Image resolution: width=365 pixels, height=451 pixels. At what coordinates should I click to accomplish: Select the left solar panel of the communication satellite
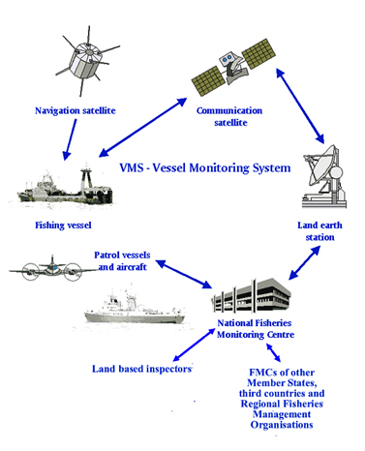pos(208,81)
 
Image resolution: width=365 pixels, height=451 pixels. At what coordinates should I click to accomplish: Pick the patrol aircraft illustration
pos(51,269)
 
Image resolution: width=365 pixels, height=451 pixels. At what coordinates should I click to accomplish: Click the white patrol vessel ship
pos(134,308)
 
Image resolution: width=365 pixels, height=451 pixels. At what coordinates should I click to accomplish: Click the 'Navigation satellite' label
pos(76,110)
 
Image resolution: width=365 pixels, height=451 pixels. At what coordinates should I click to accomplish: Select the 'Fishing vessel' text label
pos(63,225)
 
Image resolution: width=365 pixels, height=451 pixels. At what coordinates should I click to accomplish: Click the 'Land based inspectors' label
pos(142,369)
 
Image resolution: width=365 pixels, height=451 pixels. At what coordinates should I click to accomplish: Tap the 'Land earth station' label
pos(319,231)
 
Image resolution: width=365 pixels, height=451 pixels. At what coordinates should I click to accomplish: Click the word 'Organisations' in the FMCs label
pos(282,425)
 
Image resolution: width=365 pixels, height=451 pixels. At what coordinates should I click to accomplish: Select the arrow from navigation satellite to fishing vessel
pos(71,139)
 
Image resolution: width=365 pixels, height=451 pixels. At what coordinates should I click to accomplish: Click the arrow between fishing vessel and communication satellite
pos(142,128)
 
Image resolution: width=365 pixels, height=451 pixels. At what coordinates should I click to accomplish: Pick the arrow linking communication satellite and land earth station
pos(300,105)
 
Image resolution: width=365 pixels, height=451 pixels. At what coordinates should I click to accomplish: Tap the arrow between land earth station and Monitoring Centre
pos(304,262)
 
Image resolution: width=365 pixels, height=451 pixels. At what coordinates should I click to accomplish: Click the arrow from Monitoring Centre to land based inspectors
pos(194,345)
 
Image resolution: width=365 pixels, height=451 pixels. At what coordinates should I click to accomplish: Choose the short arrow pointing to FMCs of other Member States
pos(273,352)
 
